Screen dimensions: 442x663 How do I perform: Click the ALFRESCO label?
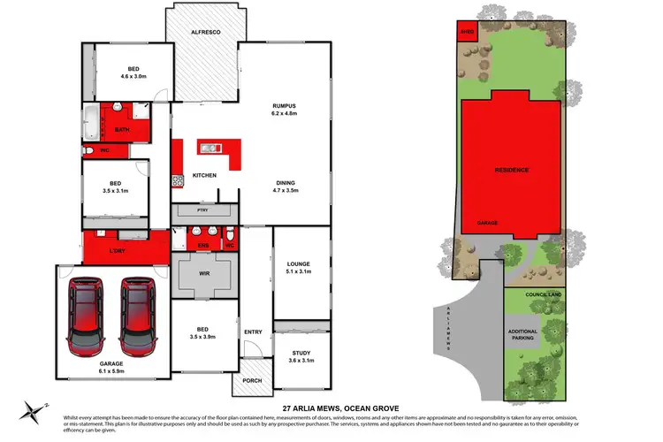pyautogui.click(x=205, y=33)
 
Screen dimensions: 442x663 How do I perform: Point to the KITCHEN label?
pyautogui.click(x=204, y=176)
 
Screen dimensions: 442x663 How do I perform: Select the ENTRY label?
pyautogui.click(x=254, y=332)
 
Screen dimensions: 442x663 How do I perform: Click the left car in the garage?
pyautogui.click(x=88, y=315)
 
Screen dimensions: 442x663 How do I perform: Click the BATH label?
pyautogui.click(x=122, y=129)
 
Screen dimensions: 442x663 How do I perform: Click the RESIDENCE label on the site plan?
pyautogui.click(x=511, y=169)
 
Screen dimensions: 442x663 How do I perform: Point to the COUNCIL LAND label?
pyautogui.click(x=543, y=294)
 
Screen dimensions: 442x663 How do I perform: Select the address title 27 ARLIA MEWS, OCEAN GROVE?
pyautogui.click(x=331, y=408)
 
